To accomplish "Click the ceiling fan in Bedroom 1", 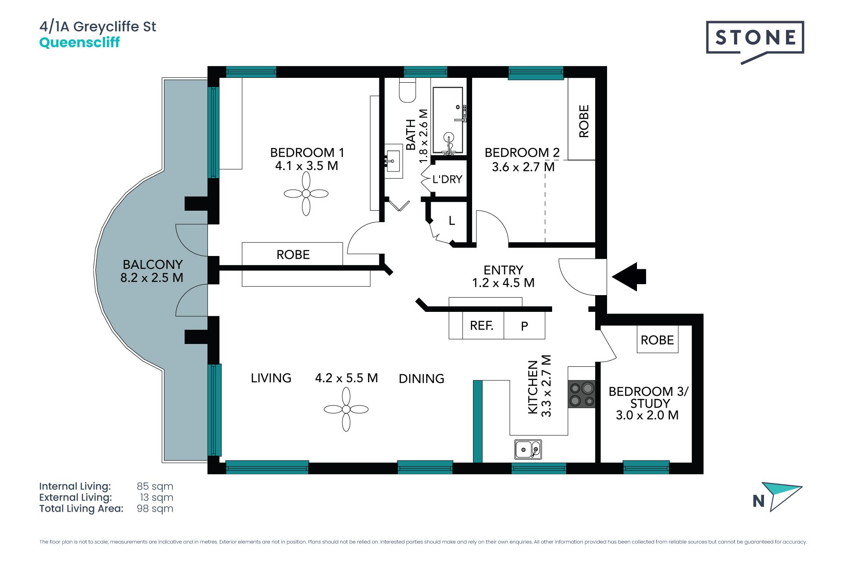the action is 306,194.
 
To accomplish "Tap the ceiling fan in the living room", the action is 346,409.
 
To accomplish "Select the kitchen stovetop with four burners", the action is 582,394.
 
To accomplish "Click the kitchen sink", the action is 528,450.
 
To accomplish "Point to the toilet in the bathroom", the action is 407,90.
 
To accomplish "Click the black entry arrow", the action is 629,277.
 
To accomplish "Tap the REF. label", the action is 481,326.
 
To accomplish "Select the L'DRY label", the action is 447,179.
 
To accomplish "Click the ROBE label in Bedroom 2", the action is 584,121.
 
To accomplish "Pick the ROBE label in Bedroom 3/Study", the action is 657,340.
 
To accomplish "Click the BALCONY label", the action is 153,264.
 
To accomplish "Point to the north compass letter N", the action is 759,501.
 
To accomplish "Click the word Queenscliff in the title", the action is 80,43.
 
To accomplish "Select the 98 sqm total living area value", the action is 155,508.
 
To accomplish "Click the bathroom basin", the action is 393,161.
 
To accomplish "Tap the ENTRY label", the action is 503,270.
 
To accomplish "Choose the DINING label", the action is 422,379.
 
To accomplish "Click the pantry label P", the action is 524,326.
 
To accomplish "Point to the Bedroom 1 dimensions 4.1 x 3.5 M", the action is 306,166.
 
